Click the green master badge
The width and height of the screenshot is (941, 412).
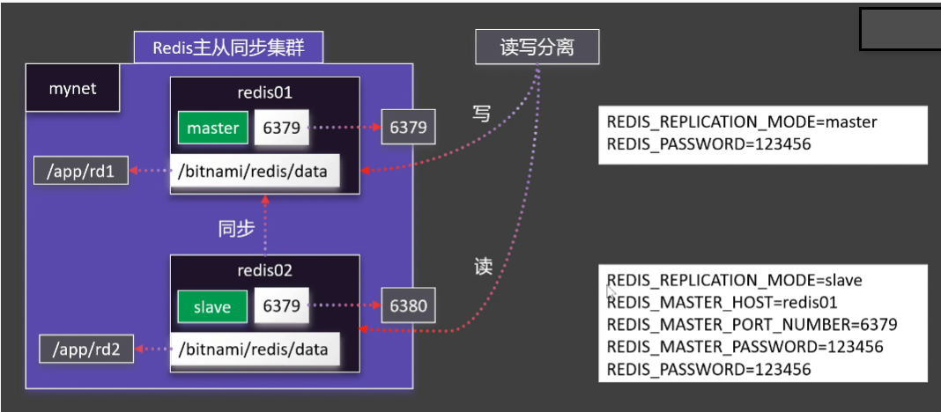point(212,129)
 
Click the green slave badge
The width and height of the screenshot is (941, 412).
point(211,306)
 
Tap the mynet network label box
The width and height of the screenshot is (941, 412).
point(72,89)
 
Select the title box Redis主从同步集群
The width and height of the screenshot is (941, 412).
point(228,48)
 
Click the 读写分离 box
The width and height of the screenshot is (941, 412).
point(537,47)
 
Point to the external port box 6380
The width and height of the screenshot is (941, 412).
point(408,306)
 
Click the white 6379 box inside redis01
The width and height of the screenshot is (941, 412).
point(282,129)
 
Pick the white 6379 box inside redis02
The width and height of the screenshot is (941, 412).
point(282,306)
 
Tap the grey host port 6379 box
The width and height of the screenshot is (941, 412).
point(408,128)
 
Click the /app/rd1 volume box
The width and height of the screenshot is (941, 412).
point(80,172)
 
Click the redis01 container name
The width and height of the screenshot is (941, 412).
point(264,93)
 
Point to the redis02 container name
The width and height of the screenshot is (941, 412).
point(264,271)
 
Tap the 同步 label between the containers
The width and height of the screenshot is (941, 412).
point(236,229)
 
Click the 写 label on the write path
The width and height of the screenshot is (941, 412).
point(481,114)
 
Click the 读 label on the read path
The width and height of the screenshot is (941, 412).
point(483,267)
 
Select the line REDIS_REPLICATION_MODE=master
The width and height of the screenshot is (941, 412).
point(742,122)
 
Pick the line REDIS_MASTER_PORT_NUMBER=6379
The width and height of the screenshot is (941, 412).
point(752,325)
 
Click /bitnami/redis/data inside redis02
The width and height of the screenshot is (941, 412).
point(254,349)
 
